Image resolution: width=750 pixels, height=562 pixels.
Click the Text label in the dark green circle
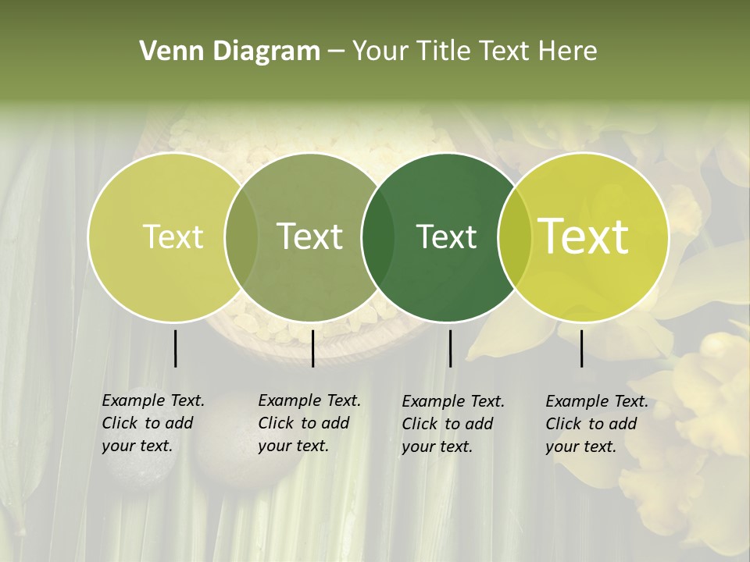(x=447, y=237)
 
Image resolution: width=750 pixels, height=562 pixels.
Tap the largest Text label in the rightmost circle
(x=584, y=237)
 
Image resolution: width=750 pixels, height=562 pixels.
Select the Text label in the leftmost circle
(x=173, y=237)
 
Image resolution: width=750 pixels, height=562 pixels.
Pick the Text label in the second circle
(x=309, y=237)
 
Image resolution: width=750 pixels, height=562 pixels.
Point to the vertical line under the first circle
(x=176, y=348)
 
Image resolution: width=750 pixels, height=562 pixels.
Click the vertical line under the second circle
(x=312, y=348)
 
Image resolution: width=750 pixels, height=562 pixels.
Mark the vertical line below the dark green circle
(x=450, y=348)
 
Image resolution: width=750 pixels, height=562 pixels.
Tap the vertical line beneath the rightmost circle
(x=582, y=348)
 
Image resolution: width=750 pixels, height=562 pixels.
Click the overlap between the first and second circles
(x=241, y=237)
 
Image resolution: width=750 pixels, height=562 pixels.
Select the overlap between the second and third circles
(x=378, y=237)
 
